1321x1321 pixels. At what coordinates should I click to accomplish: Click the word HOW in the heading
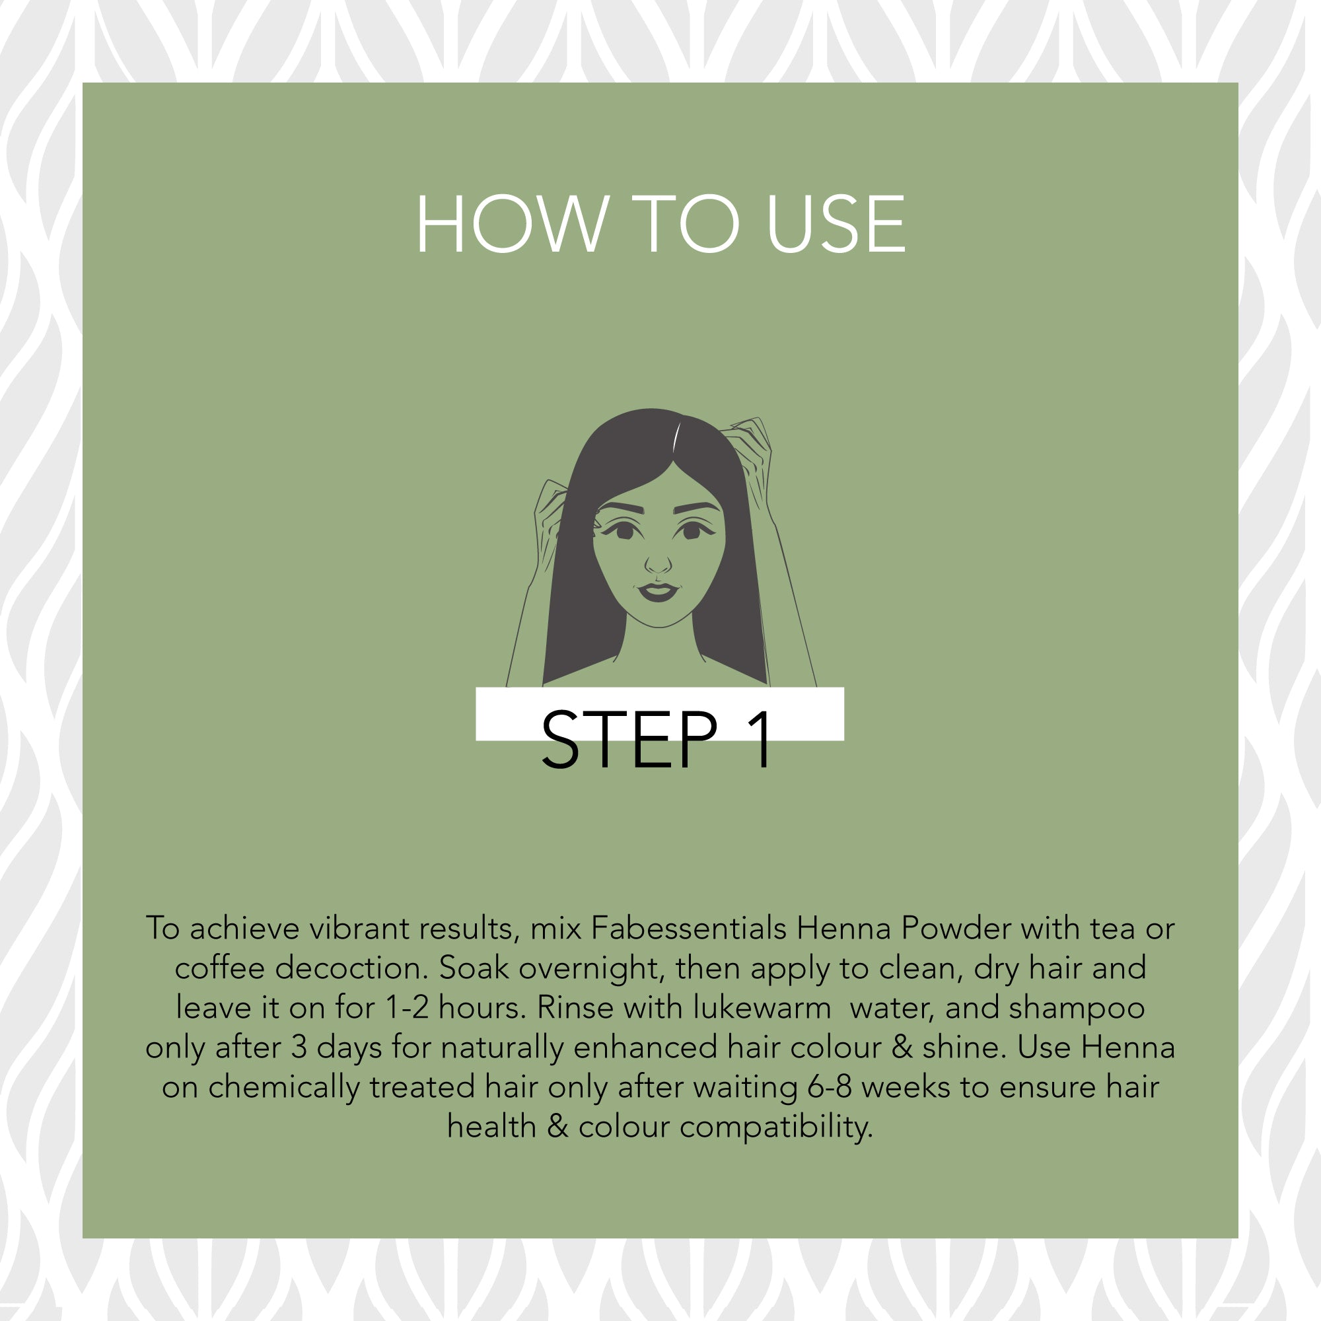(512, 224)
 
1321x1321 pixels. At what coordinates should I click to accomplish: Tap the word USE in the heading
(836, 224)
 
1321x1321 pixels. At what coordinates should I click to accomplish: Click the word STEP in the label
(629, 740)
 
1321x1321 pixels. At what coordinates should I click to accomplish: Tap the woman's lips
(658, 591)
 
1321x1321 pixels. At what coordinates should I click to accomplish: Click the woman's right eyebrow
(620, 508)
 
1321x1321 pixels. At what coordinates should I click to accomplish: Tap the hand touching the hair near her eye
(550, 523)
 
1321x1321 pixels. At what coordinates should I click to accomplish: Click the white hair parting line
(676, 439)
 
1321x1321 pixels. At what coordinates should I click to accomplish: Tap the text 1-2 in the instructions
(408, 1008)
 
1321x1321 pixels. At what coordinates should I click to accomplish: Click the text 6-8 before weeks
(830, 1087)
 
